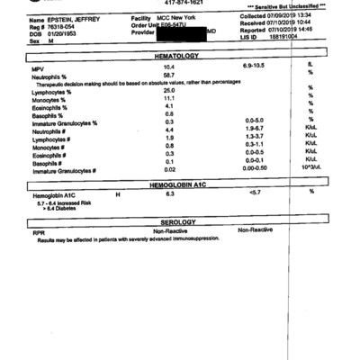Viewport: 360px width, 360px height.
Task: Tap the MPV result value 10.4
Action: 168,67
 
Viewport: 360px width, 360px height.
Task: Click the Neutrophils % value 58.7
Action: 168,76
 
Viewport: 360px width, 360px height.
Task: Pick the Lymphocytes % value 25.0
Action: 168,91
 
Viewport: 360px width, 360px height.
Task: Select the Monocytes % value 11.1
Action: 168,99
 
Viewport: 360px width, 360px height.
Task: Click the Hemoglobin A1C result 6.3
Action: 169,193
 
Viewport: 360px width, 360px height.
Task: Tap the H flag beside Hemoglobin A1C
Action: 117,193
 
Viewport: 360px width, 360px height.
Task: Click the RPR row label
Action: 37,231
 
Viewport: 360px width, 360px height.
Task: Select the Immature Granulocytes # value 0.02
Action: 169,169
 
